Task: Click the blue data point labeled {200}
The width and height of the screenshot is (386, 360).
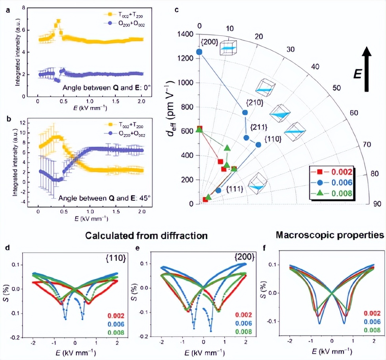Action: click(x=199, y=52)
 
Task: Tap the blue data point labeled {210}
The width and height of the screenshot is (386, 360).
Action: click(x=245, y=113)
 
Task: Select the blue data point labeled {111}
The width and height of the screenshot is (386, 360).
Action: click(x=218, y=190)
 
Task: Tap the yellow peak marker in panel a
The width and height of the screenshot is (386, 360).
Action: click(x=58, y=21)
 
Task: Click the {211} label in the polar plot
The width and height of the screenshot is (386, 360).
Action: click(x=258, y=127)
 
